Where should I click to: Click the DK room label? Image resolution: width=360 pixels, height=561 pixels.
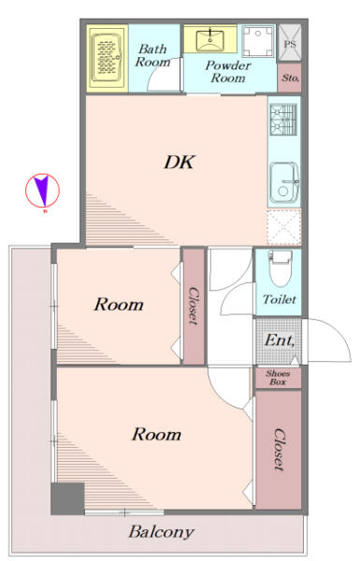point(180,162)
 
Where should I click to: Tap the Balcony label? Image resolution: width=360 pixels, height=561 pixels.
point(162,532)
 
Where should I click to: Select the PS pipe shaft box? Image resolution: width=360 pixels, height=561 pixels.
point(290,43)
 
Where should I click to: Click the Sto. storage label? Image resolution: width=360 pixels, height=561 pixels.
point(290,78)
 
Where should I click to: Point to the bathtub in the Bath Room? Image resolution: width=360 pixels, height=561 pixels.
point(107,58)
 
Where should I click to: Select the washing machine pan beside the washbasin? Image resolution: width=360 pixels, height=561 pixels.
point(258,41)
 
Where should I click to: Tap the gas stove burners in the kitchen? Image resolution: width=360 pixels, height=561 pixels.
point(283,120)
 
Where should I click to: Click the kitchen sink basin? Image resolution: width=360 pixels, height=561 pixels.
point(284,182)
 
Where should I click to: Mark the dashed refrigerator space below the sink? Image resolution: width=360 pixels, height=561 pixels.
point(283,227)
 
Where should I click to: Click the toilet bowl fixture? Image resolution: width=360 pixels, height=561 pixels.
point(281,268)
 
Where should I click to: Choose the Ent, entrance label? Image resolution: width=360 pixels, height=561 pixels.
point(280,340)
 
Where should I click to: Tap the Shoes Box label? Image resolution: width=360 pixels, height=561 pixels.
point(278,378)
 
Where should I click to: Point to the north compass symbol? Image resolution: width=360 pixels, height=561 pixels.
point(42,191)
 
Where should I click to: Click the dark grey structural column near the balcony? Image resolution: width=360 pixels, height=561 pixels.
point(67,498)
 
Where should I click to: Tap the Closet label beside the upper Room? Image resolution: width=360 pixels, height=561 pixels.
point(194,306)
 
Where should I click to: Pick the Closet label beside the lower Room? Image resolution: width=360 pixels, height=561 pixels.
point(279,449)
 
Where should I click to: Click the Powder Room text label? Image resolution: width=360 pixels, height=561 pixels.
point(228,72)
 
